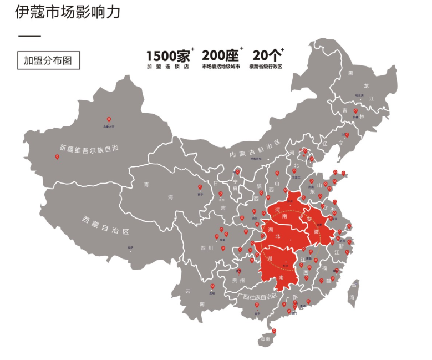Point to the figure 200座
(x=220, y=55)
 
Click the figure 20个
(x=266, y=55)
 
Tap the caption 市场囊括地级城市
(x=221, y=67)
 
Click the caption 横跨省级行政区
(x=266, y=67)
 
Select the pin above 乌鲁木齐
(x=109, y=120)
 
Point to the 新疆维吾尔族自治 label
(x=89, y=149)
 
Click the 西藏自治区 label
(x=105, y=225)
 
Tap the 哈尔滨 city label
(x=360, y=95)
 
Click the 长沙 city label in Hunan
(x=286, y=265)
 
